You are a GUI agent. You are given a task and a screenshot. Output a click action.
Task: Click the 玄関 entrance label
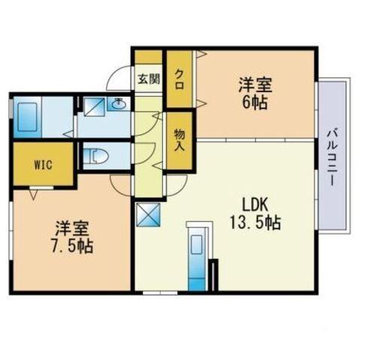point(149,79)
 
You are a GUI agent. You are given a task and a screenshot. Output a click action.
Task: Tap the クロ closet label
point(179,79)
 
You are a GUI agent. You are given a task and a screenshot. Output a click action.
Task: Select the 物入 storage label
point(179,140)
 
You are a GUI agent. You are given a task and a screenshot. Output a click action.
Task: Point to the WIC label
point(44,165)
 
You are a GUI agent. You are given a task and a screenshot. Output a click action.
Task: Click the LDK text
point(255,205)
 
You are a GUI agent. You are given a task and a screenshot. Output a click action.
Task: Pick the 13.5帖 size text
point(255,222)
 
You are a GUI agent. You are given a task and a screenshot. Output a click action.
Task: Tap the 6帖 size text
point(255,102)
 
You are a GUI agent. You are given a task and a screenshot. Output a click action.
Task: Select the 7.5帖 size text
point(72,246)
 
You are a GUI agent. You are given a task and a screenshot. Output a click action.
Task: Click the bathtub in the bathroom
point(27,117)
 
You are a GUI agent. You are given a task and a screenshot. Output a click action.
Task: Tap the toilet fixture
point(95,157)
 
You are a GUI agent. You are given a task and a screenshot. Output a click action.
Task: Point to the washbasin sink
point(119,103)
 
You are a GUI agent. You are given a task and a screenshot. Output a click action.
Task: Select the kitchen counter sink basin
point(197,244)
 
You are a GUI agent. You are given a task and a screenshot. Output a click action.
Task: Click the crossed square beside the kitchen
point(148,214)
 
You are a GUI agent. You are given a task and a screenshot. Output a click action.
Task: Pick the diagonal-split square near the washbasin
point(94,106)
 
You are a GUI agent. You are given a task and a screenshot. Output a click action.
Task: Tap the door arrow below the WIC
point(34,194)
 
